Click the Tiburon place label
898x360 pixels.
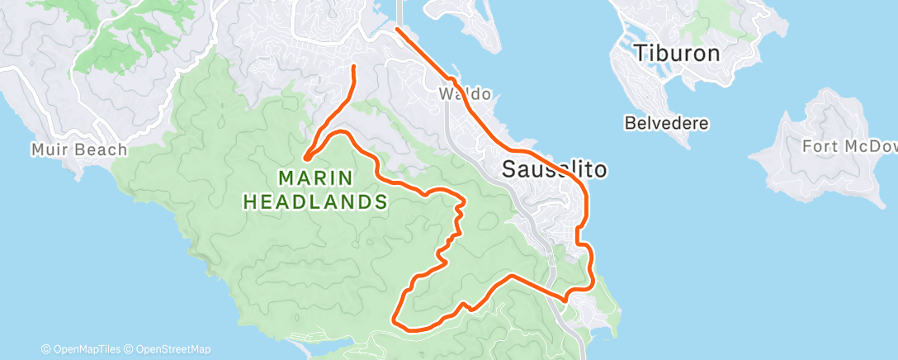(x=677, y=54)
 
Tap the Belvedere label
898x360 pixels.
(x=667, y=123)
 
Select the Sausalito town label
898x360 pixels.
(x=555, y=171)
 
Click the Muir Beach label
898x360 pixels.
(x=79, y=149)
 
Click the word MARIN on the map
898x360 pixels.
(x=315, y=178)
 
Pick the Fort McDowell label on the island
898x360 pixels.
(x=849, y=147)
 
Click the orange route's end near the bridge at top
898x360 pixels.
(x=397, y=29)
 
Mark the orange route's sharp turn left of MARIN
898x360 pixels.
(x=305, y=157)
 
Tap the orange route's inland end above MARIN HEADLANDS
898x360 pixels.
(x=354, y=65)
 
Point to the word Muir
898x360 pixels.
(x=48, y=149)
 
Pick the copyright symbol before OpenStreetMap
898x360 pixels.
(x=129, y=349)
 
